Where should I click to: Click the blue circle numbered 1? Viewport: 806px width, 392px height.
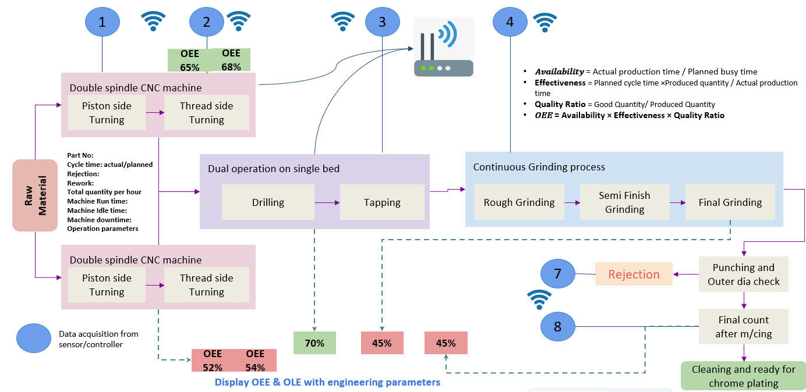[x=102, y=22]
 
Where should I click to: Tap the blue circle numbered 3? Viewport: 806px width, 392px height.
[x=383, y=22]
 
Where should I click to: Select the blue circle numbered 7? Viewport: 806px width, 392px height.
[x=557, y=274]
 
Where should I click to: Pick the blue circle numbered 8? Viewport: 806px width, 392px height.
[x=557, y=326]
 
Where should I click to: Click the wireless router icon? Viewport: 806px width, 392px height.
[x=443, y=48]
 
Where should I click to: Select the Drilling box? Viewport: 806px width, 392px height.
[x=268, y=202]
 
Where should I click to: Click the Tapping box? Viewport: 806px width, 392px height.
[x=382, y=202]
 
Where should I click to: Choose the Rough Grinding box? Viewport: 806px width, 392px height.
[x=519, y=202]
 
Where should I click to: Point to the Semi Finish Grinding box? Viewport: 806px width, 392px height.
[x=624, y=202]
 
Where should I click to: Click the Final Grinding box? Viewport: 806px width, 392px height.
[x=730, y=202]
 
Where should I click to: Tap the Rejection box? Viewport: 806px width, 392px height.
[x=634, y=274]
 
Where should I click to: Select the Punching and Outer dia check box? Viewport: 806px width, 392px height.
[x=744, y=275]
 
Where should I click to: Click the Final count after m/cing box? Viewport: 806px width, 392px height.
[x=744, y=326]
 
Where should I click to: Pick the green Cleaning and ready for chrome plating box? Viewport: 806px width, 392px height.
[x=744, y=376]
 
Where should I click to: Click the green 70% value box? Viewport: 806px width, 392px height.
[x=314, y=343]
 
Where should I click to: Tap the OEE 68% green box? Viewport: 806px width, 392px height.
[x=231, y=60]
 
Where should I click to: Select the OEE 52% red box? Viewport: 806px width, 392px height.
[x=213, y=361]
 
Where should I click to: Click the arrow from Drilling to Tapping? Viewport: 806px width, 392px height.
[x=327, y=203]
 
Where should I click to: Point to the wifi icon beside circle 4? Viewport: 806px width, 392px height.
[x=545, y=23]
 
